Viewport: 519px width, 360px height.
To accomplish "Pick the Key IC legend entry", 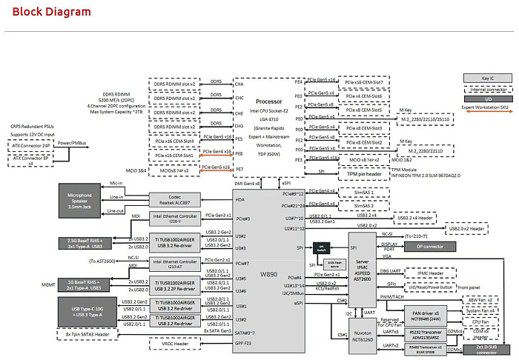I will click(487, 78).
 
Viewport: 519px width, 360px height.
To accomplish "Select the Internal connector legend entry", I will click(487, 87).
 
